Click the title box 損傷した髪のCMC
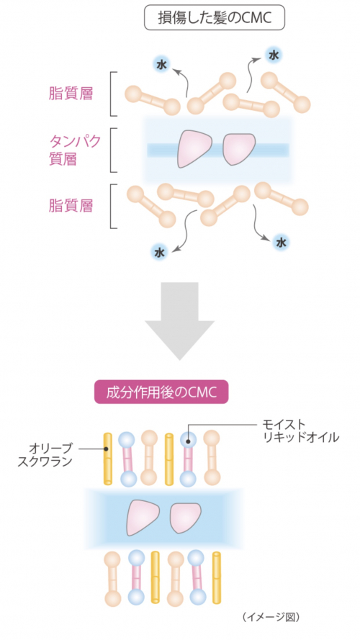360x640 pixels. tap(215, 17)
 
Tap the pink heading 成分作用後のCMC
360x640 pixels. tap(161, 392)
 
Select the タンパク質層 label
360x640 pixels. tap(74, 150)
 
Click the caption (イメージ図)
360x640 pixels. tap(271, 617)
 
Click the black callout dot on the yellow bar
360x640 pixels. tap(106, 449)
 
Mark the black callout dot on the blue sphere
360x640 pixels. tap(188, 441)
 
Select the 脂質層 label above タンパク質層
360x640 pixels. tap(71, 94)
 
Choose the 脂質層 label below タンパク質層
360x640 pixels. tap(71, 206)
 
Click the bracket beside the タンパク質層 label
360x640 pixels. tap(114, 150)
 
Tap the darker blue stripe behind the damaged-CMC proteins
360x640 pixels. tap(218, 150)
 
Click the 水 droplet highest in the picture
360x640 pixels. tap(272, 55)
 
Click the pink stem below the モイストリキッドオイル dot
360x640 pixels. tap(188, 459)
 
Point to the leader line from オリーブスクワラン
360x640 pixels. tap(91, 449)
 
